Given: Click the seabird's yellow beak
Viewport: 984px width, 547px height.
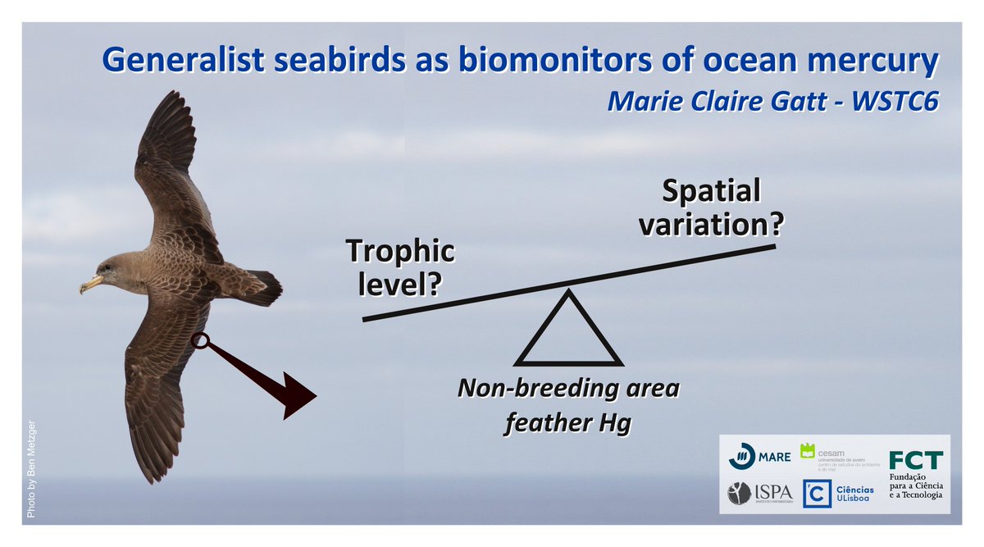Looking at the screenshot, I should (x=90, y=284).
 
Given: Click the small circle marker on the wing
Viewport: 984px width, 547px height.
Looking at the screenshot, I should (x=198, y=340).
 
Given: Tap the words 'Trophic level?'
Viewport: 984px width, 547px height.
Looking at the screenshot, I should (x=399, y=267).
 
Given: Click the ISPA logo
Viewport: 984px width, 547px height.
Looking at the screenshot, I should (x=760, y=493).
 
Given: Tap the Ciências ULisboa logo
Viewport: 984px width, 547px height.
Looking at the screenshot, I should (x=839, y=494).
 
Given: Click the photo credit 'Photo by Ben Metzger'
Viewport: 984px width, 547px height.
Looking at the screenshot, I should (x=32, y=468).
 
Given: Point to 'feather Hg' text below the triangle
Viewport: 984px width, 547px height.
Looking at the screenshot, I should (x=567, y=423).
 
